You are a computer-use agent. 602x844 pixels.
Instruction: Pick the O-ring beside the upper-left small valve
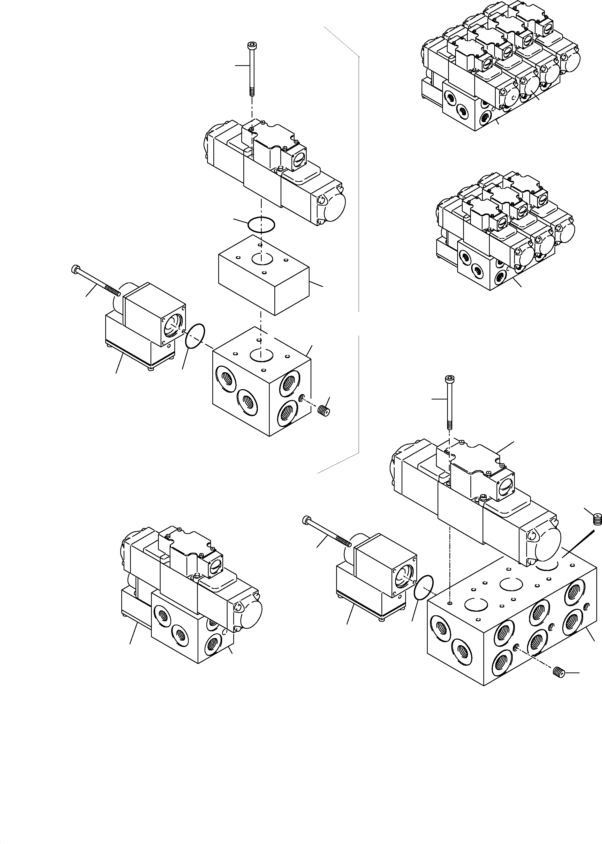(195, 336)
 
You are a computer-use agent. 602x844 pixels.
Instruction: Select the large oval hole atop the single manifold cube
(261, 355)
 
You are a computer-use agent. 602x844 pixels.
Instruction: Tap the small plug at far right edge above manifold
(596, 520)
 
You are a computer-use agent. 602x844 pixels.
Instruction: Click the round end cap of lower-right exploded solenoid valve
(547, 547)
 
